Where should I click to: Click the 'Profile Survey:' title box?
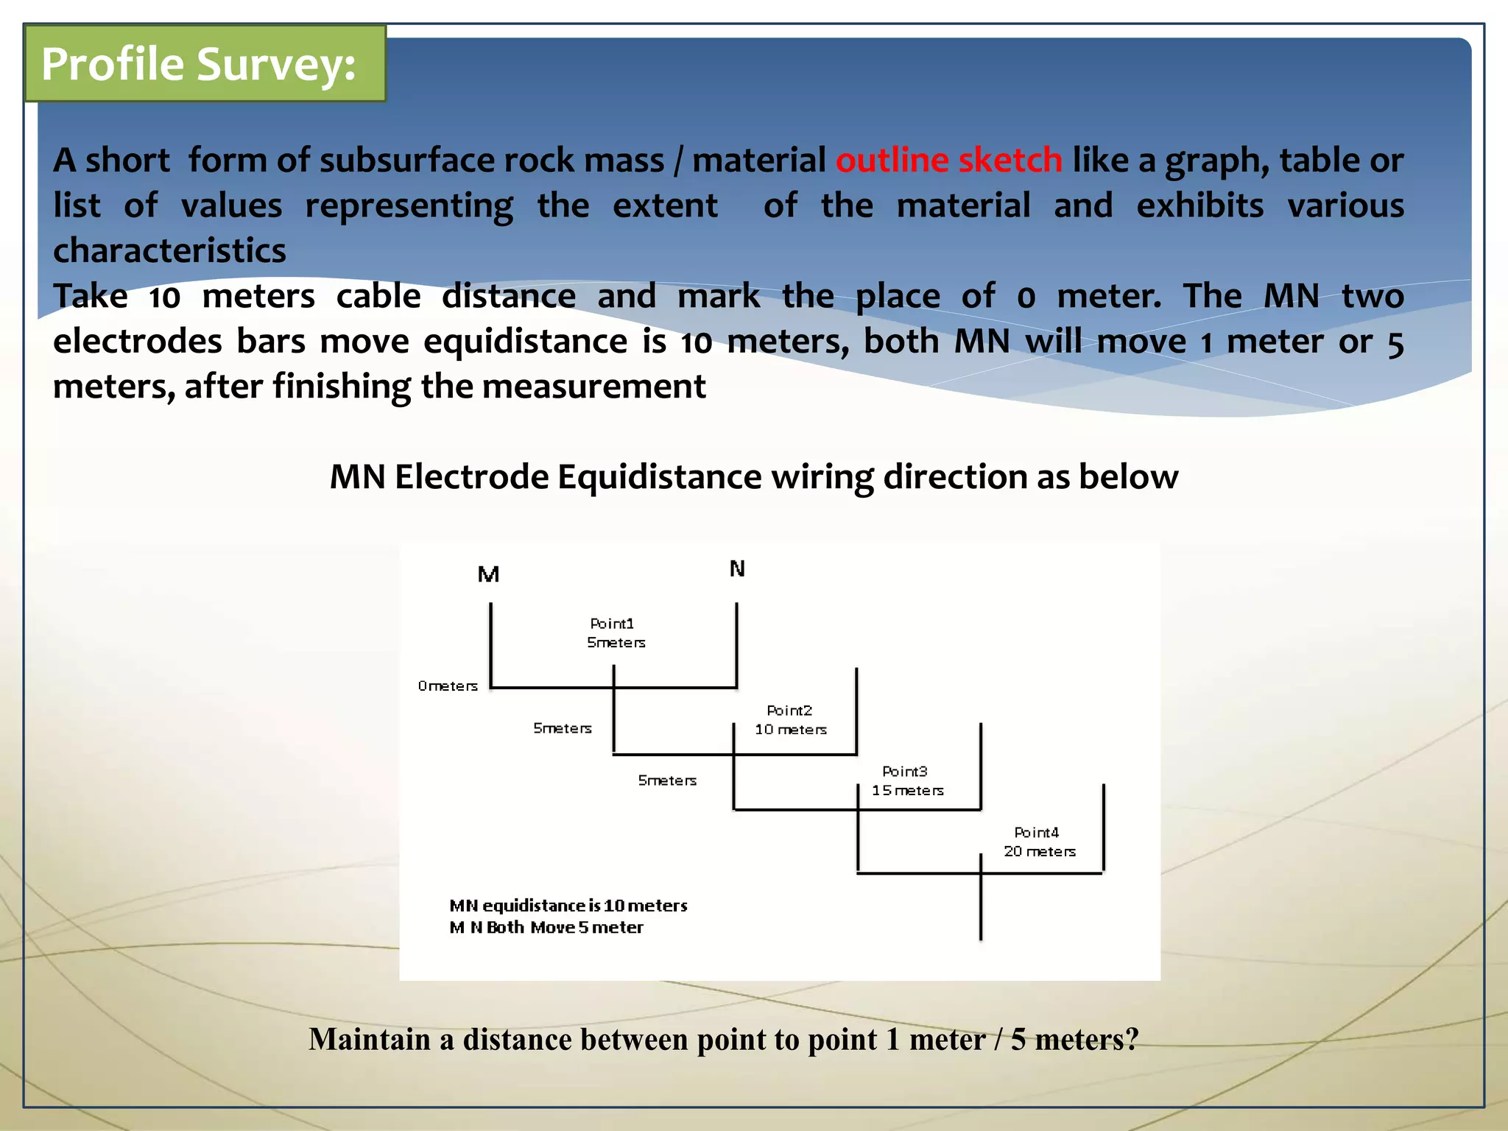click(205, 64)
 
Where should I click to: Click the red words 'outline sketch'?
click(949, 161)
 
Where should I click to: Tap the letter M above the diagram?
click(488, 574)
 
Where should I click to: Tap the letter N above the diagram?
click(737, 568)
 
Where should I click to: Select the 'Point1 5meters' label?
click(616, 633)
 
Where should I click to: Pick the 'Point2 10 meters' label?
click(791, 720)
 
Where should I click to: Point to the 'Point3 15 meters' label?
click(907, 781)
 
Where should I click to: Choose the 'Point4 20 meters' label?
click(1039, 842)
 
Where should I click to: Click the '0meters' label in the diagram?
click(448, 686)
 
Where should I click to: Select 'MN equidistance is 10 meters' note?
click(568, 906)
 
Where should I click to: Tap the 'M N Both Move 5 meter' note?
click(546, 928)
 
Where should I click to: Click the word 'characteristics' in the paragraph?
click(169, 251)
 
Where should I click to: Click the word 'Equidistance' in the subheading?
click(659, 477)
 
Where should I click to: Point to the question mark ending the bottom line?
click(1131, 1040)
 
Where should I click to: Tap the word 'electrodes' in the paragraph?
click(138, 342)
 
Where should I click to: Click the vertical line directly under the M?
click(491, 644)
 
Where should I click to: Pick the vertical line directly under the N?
click(736, 644)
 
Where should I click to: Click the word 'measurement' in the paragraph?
click(593, 387)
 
